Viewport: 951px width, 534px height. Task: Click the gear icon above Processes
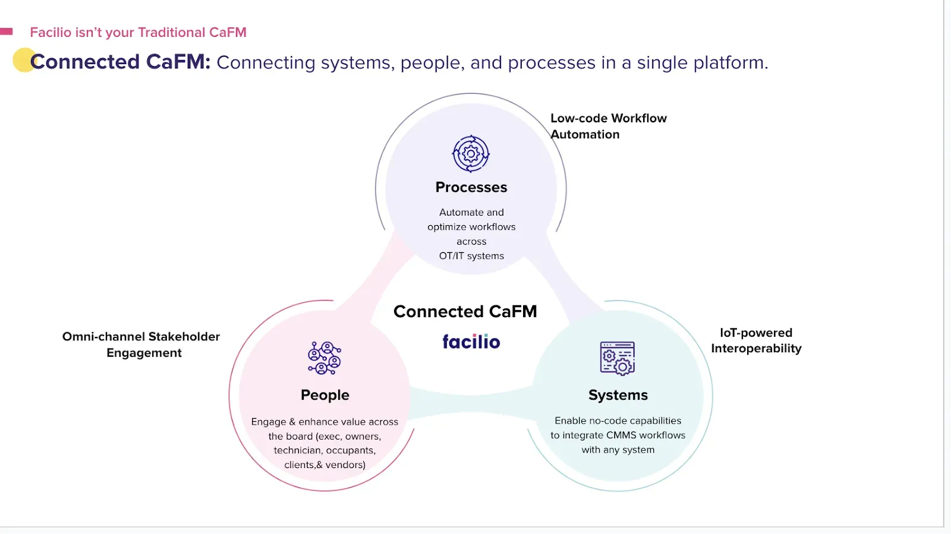click(x=471, y=154)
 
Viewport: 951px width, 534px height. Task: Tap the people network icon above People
click(x=325, y=358)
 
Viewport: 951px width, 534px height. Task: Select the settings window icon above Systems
click(x=618, y=358)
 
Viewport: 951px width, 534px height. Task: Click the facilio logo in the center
click(x=471, y=342)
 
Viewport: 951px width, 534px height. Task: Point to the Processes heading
click(x=471, y=187)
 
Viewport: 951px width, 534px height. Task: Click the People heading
click(x=325, y=395)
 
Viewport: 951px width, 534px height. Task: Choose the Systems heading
click(x=618, y=395)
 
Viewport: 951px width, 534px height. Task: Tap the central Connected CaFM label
click(x=465, y=311)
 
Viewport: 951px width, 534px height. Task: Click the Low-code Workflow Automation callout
click(x=608, y=126)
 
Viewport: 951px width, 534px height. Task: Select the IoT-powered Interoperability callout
click(x=756, y=340)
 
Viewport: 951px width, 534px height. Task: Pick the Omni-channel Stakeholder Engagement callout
click(x=141, y=345)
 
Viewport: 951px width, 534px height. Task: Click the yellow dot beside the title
click(x=24, y=60)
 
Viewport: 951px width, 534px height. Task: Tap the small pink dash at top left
click(x=7, y=31)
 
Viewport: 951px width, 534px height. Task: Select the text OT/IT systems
click(x=471, y=256)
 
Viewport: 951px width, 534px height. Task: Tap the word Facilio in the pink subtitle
click(x=51, y=32)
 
